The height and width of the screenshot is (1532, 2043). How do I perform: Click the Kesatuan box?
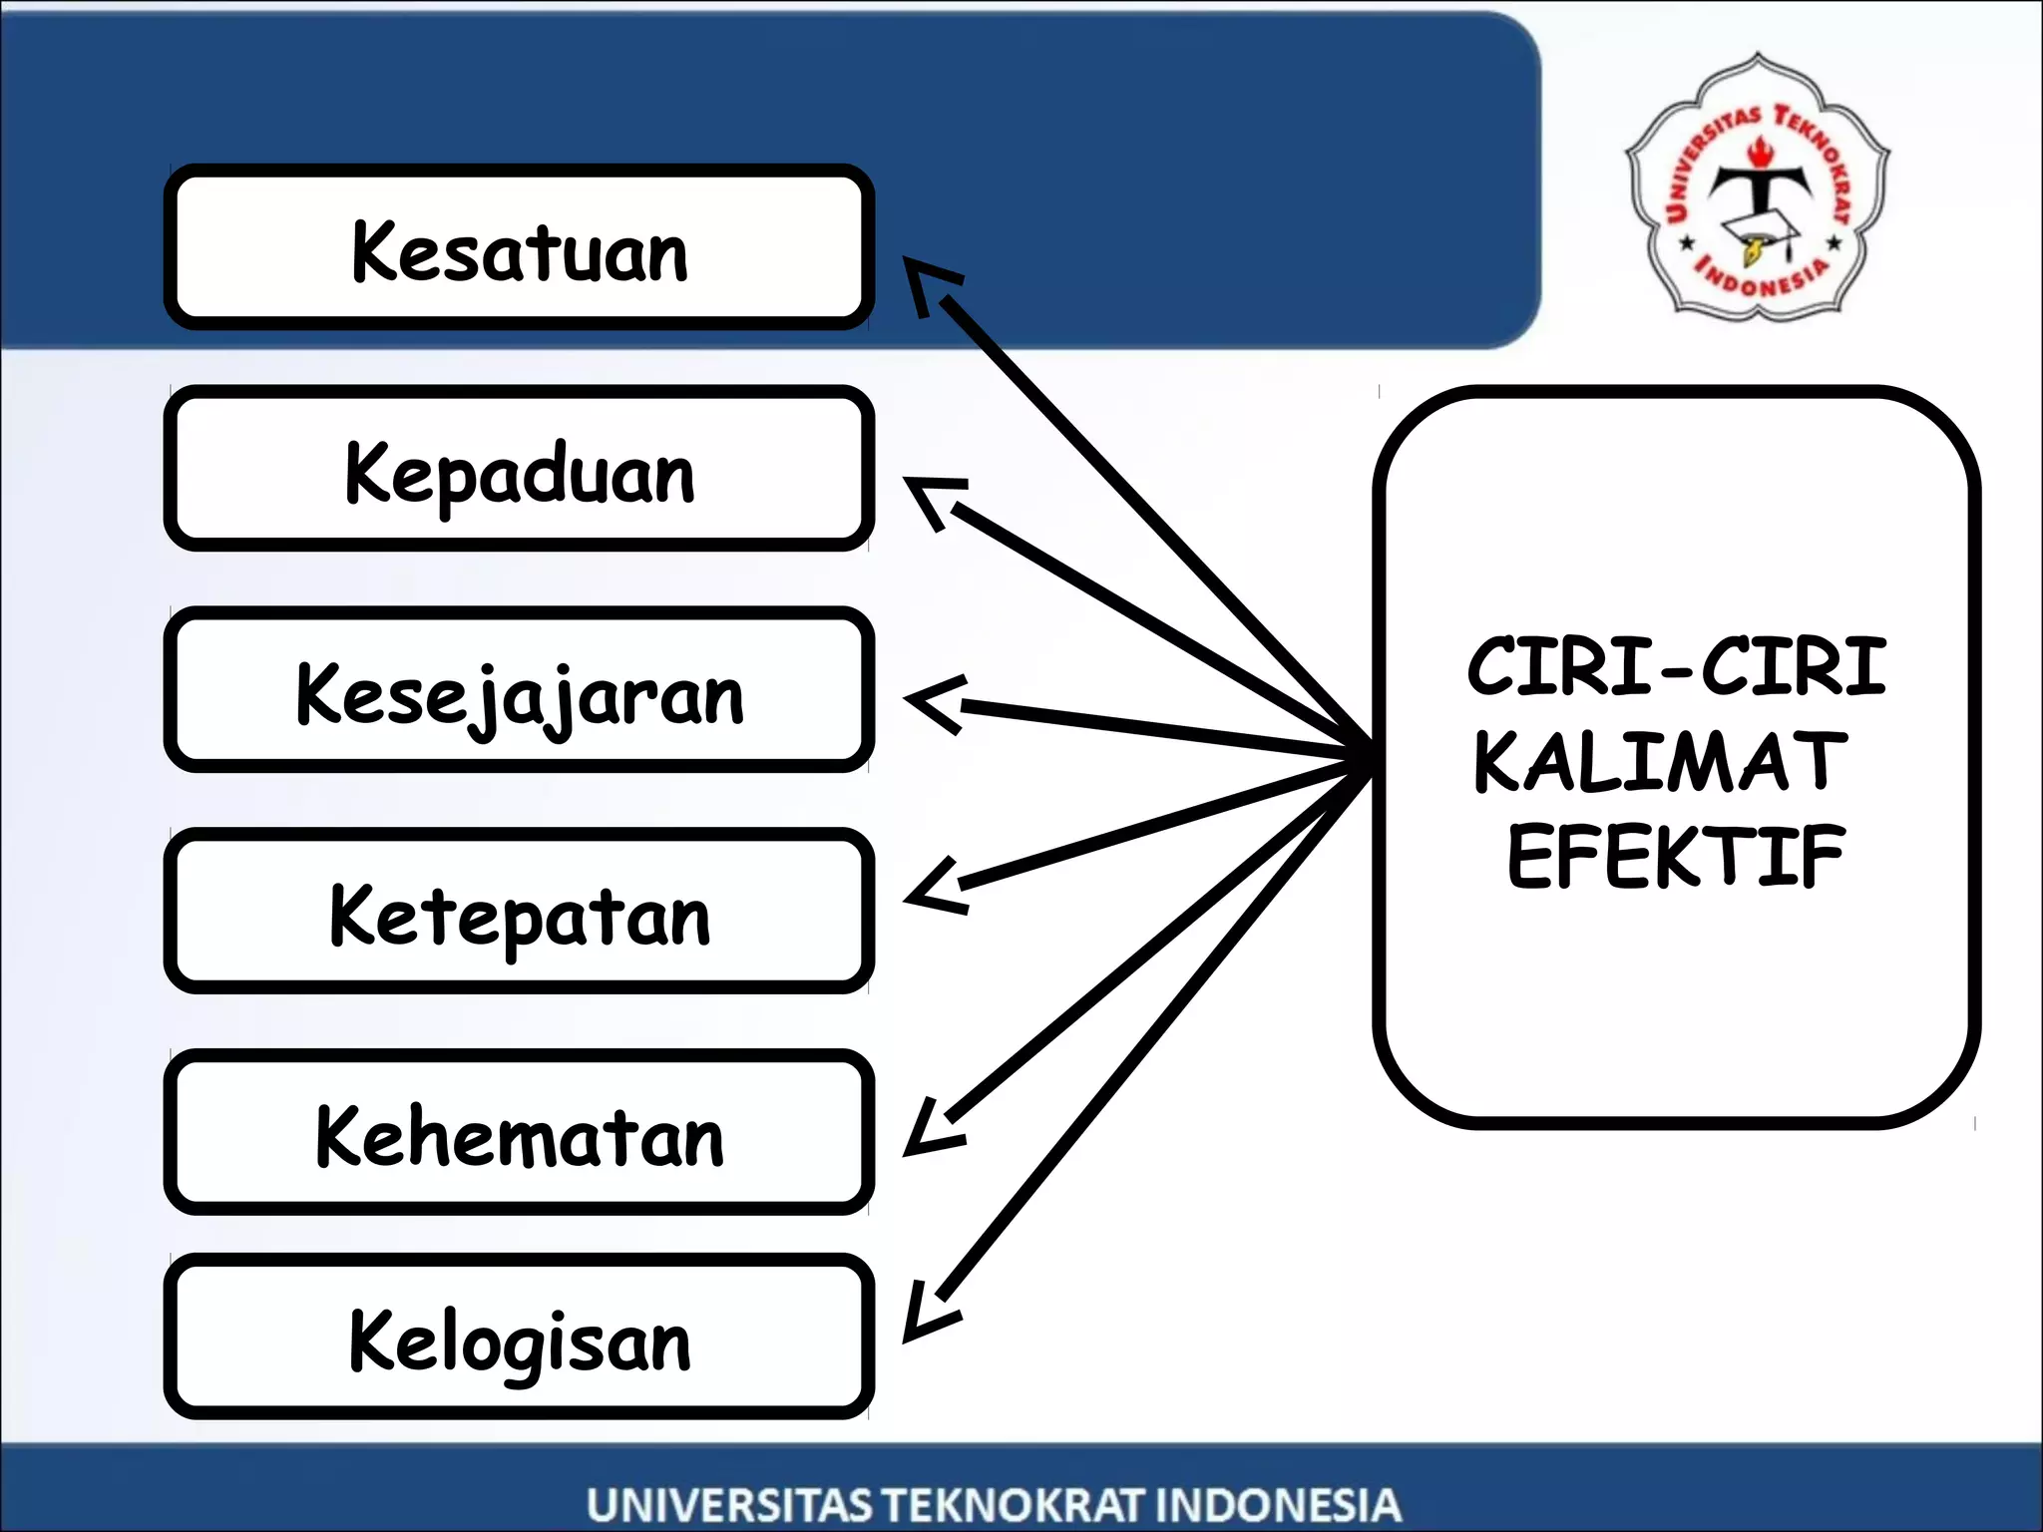tap(519, 247)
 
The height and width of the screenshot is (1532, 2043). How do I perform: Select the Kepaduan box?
tap(519, 469)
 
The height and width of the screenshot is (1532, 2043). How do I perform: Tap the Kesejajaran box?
tap(519, 690)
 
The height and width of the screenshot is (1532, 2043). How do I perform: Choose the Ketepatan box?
tap(519, 912)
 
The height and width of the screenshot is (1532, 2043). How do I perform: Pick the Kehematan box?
tap(519, 1133)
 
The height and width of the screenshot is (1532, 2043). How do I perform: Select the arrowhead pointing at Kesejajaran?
tap(932, 702)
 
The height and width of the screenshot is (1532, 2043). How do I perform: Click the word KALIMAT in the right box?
tap(1660, 762)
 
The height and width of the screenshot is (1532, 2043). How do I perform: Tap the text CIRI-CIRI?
tap(1676, 666)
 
